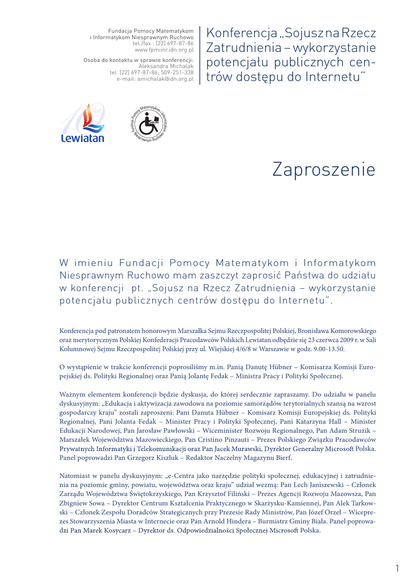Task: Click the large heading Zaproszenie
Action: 324,170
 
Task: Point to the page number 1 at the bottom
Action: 396,568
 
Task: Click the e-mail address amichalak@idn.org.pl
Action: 162,79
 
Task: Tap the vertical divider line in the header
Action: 200,55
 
